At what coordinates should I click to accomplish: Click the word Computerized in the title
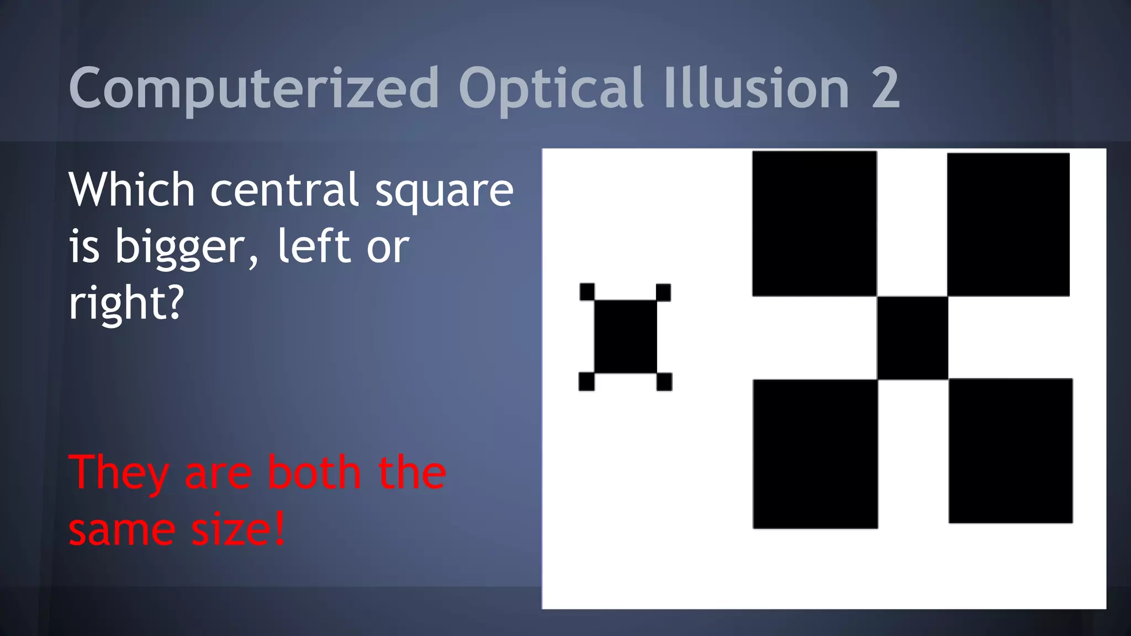coord(254,88)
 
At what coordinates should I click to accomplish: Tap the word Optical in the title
coord(551,88)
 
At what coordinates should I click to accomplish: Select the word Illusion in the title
coord(757,88)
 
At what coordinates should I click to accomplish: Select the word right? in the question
coord(126,304)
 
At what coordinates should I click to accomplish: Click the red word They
coord(118,474)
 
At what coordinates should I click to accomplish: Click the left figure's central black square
coord(625,336)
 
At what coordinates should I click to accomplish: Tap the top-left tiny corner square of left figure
coord(587,291)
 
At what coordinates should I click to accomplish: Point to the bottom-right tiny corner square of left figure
coord(664,381)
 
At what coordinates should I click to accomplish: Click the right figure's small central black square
coord(912,338)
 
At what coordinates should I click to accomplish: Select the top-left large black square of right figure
coord(814,224)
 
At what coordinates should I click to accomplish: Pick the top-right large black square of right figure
coord(1008,225)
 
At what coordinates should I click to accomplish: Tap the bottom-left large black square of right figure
coord(815,454)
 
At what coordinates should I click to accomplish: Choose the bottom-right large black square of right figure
coord(1011,451)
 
